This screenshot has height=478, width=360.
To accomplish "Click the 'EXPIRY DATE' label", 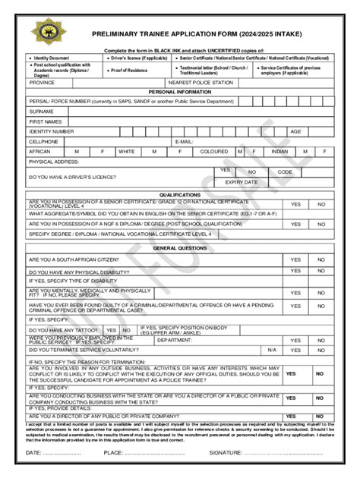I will point(241,182).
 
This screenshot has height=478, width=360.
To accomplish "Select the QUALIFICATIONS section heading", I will point(180,194).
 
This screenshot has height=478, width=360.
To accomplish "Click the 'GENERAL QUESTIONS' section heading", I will point(180,248).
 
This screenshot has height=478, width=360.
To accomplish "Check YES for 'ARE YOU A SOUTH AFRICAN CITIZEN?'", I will point(295,259).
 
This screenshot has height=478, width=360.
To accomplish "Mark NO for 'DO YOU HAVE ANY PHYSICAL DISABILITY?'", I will point(321,271).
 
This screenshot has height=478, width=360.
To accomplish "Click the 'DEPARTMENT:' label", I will point(175,341).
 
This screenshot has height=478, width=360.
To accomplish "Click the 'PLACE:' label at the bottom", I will point(114,452).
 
